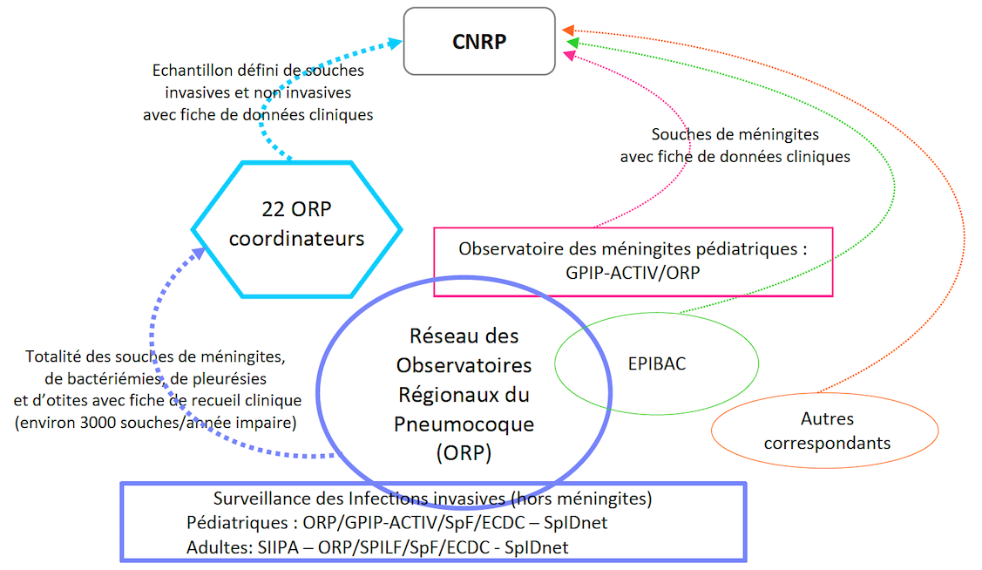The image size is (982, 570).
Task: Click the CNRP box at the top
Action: (x=479, y=41)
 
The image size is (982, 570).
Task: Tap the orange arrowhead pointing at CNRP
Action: (x=567, y=29)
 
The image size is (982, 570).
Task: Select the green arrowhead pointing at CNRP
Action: (x=572, y=42)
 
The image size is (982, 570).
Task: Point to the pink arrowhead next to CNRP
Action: (x=570, y=55)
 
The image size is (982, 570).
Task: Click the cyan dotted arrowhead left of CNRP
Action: (x=394, y=41)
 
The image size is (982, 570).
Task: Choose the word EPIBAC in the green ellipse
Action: (x=656, y=363)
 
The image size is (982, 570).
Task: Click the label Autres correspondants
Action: (x=826, y=431)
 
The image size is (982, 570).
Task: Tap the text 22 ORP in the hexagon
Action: (x=296, y=209)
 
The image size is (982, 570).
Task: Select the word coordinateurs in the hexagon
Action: (x=296, y=238)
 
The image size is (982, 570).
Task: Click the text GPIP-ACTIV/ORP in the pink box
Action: (x=633, y=271)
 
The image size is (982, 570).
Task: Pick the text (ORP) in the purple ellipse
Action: (x=464, y=453)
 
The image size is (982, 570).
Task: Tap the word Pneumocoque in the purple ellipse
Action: (x=464, y=424)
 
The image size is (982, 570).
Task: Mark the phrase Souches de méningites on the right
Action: (x=735, y=135)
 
